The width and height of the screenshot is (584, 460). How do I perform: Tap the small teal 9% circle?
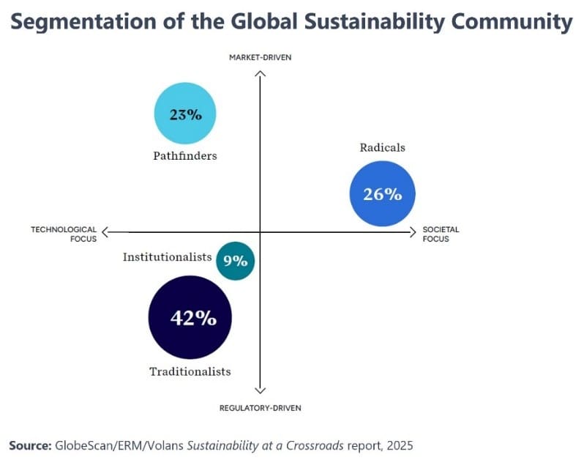click(236, 260)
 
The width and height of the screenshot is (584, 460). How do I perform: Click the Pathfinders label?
click(185, 155)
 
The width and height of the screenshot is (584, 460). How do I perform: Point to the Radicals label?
click(382, 147)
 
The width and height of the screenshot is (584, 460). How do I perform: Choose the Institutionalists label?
click(168, 257)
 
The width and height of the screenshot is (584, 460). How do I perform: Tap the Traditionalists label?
click(190, 371)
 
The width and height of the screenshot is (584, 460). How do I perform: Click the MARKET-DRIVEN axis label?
click(261, 58)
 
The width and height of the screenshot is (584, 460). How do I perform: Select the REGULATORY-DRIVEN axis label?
click(261, 408)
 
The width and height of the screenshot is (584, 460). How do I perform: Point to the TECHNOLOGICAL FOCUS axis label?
click(64, 234)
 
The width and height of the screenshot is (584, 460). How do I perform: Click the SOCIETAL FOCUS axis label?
click(441, 234)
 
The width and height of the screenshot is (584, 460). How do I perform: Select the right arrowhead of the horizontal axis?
click(413, 232)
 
